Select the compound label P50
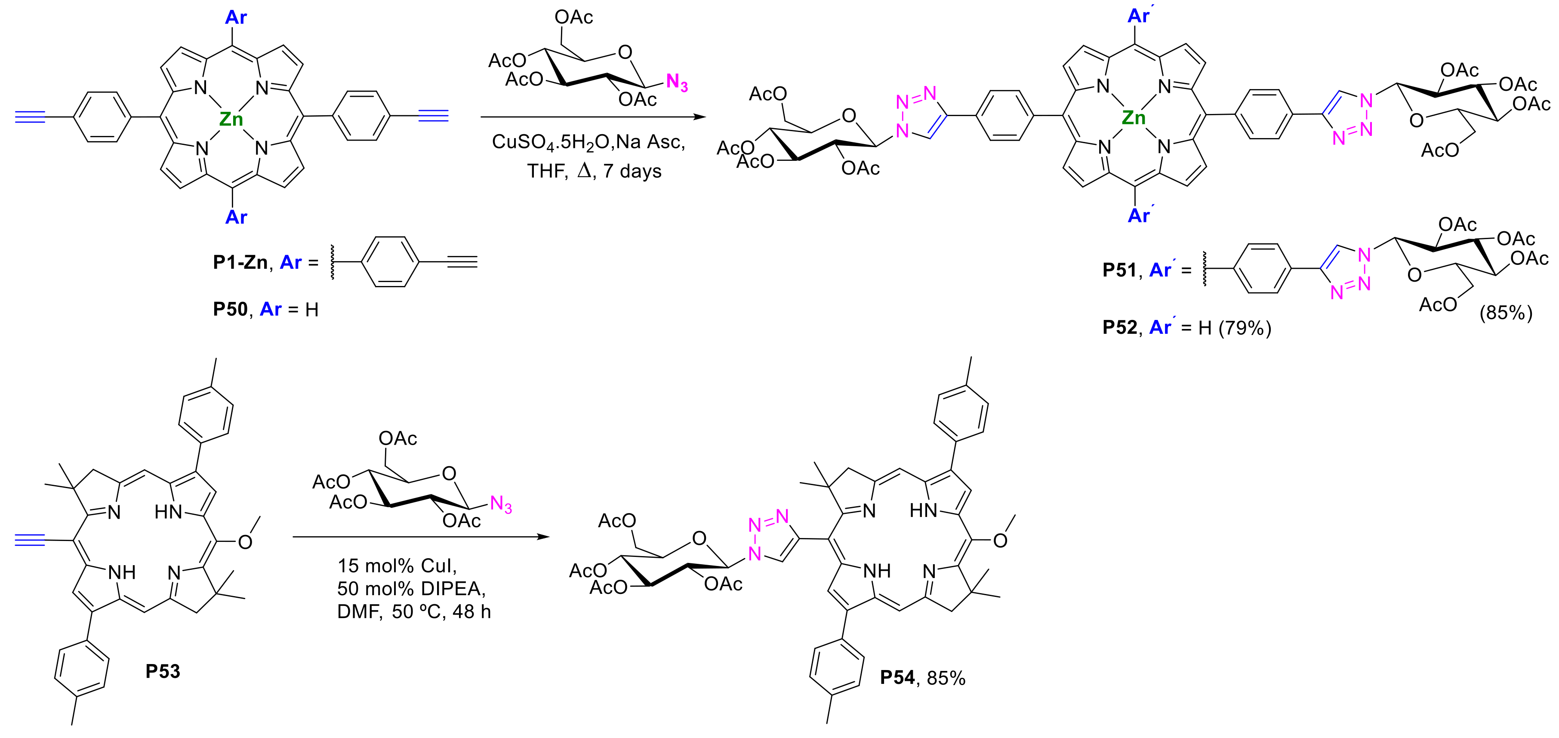point(230,309)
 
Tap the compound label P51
point(1119,270)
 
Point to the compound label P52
point(1119,327)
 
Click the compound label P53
point(163,671)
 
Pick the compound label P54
point(897,677)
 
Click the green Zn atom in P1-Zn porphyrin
point(231,119)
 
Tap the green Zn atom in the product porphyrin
point(1134,117)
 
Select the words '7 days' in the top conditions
point(632,171)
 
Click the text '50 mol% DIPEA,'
point(412,589)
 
